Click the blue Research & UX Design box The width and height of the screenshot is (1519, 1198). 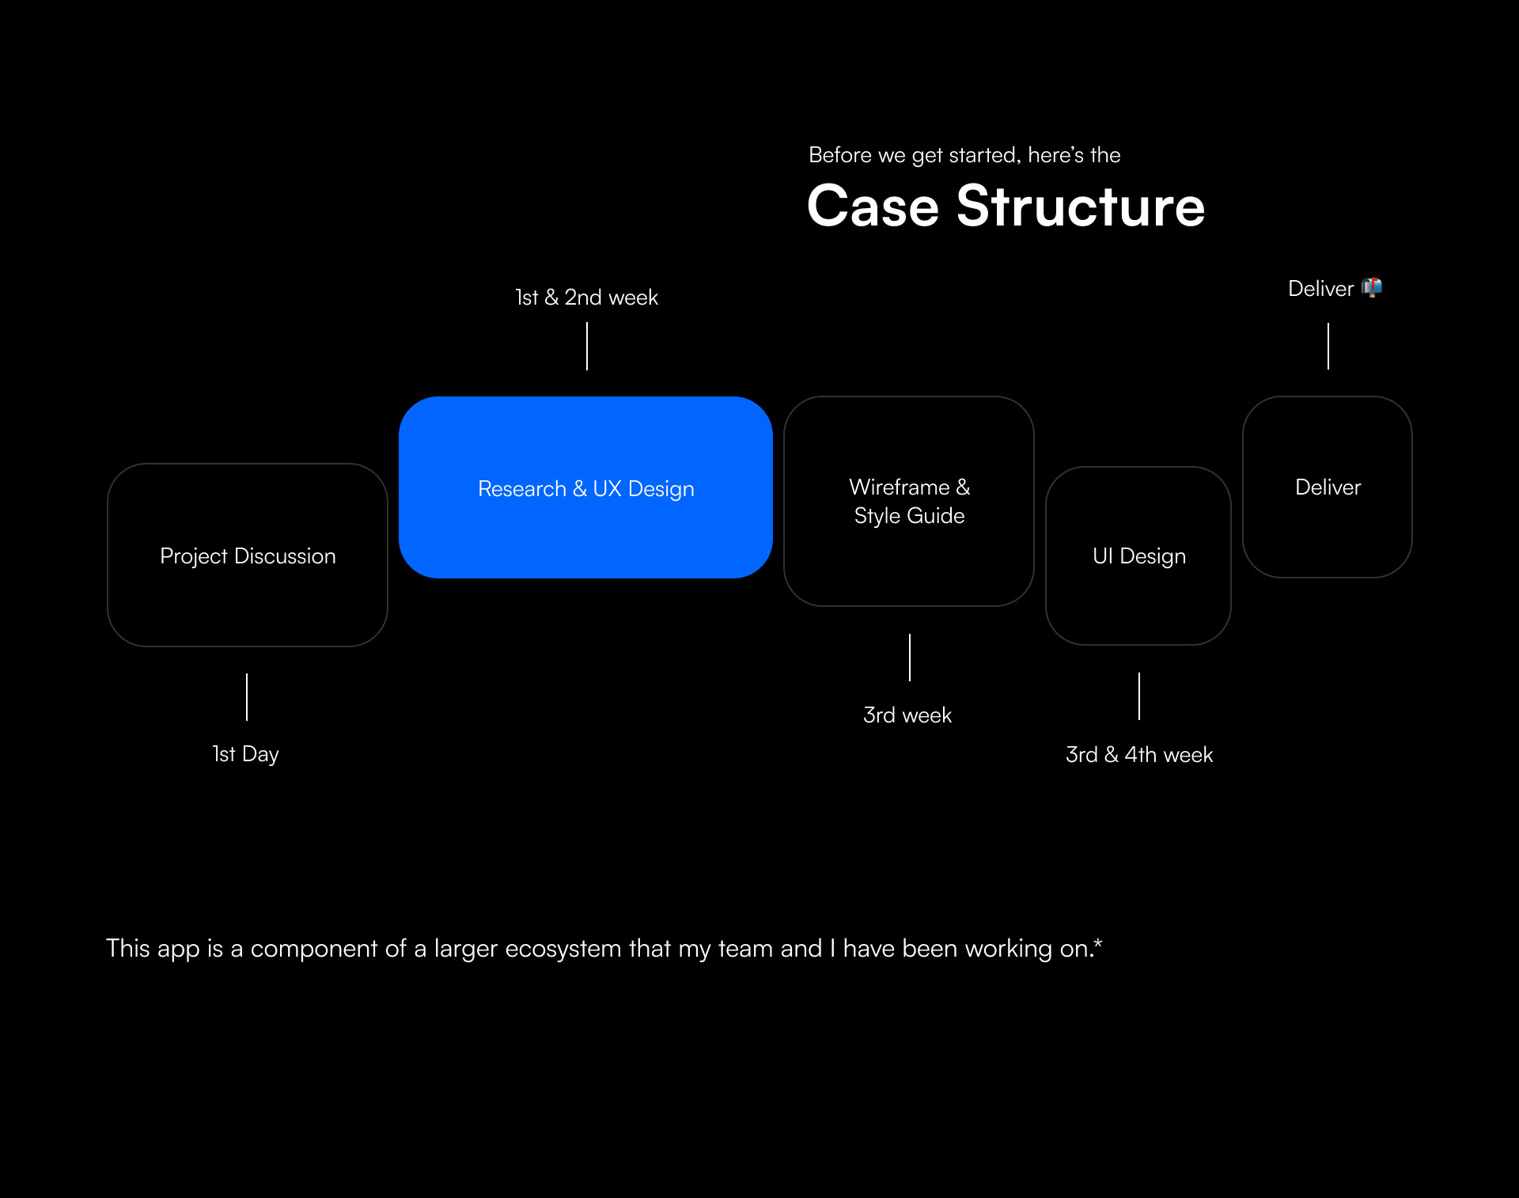pos(585,487)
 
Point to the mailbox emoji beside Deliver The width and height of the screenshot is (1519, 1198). pos(1372,287)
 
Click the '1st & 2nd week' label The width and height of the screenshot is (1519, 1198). pos(586,298)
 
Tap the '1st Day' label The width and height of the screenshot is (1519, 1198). pos(245,754)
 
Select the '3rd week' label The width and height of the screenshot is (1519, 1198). pos(907,715)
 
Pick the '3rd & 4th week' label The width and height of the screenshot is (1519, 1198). pos(1139,755)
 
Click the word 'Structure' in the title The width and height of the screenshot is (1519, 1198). pos(1081,206)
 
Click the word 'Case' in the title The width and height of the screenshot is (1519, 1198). pos(873,206)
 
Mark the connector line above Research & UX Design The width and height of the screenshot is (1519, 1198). pos(587,346)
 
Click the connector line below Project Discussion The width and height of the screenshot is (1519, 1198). pos(247,697)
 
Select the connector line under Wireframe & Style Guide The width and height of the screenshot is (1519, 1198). pos(910,658)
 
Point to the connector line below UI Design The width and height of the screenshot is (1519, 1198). pos(1139,696)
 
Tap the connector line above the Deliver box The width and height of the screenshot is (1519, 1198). pos(1328,346)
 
